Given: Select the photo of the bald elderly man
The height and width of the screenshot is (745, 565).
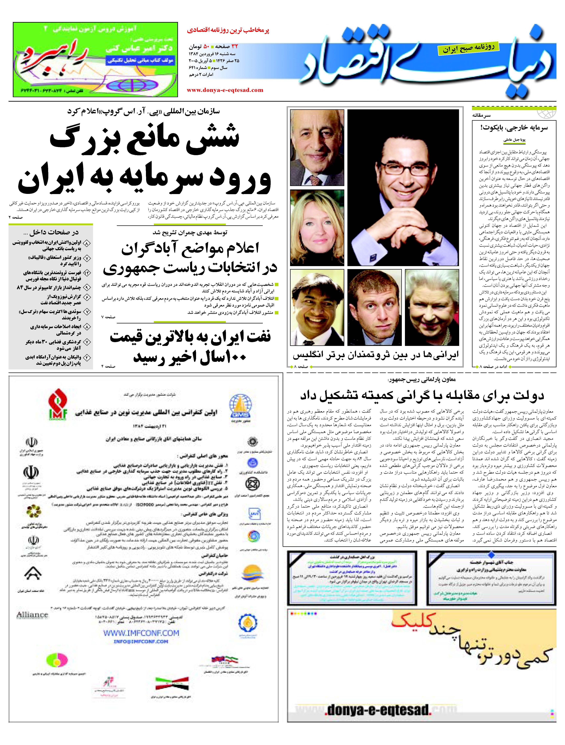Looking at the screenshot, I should [x=317, y=148].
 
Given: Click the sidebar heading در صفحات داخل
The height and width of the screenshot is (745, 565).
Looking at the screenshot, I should [x=54, y=232].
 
